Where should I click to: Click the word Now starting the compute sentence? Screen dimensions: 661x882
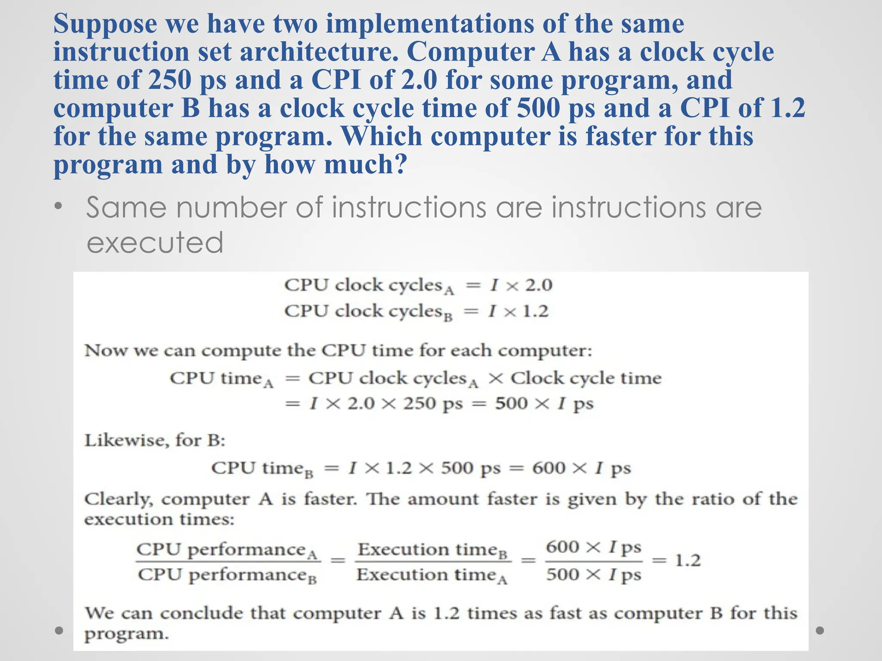click(106, 351)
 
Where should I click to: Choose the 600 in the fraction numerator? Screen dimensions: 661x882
click(562, 547)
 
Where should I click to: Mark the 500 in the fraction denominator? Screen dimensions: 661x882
click(562, 575)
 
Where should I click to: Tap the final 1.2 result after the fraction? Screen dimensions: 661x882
click(687, 561)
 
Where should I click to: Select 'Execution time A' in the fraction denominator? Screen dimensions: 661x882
click(432, 575)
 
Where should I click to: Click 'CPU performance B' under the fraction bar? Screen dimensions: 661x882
click(227, 575)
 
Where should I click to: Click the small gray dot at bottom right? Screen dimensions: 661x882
click(820, 630)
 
